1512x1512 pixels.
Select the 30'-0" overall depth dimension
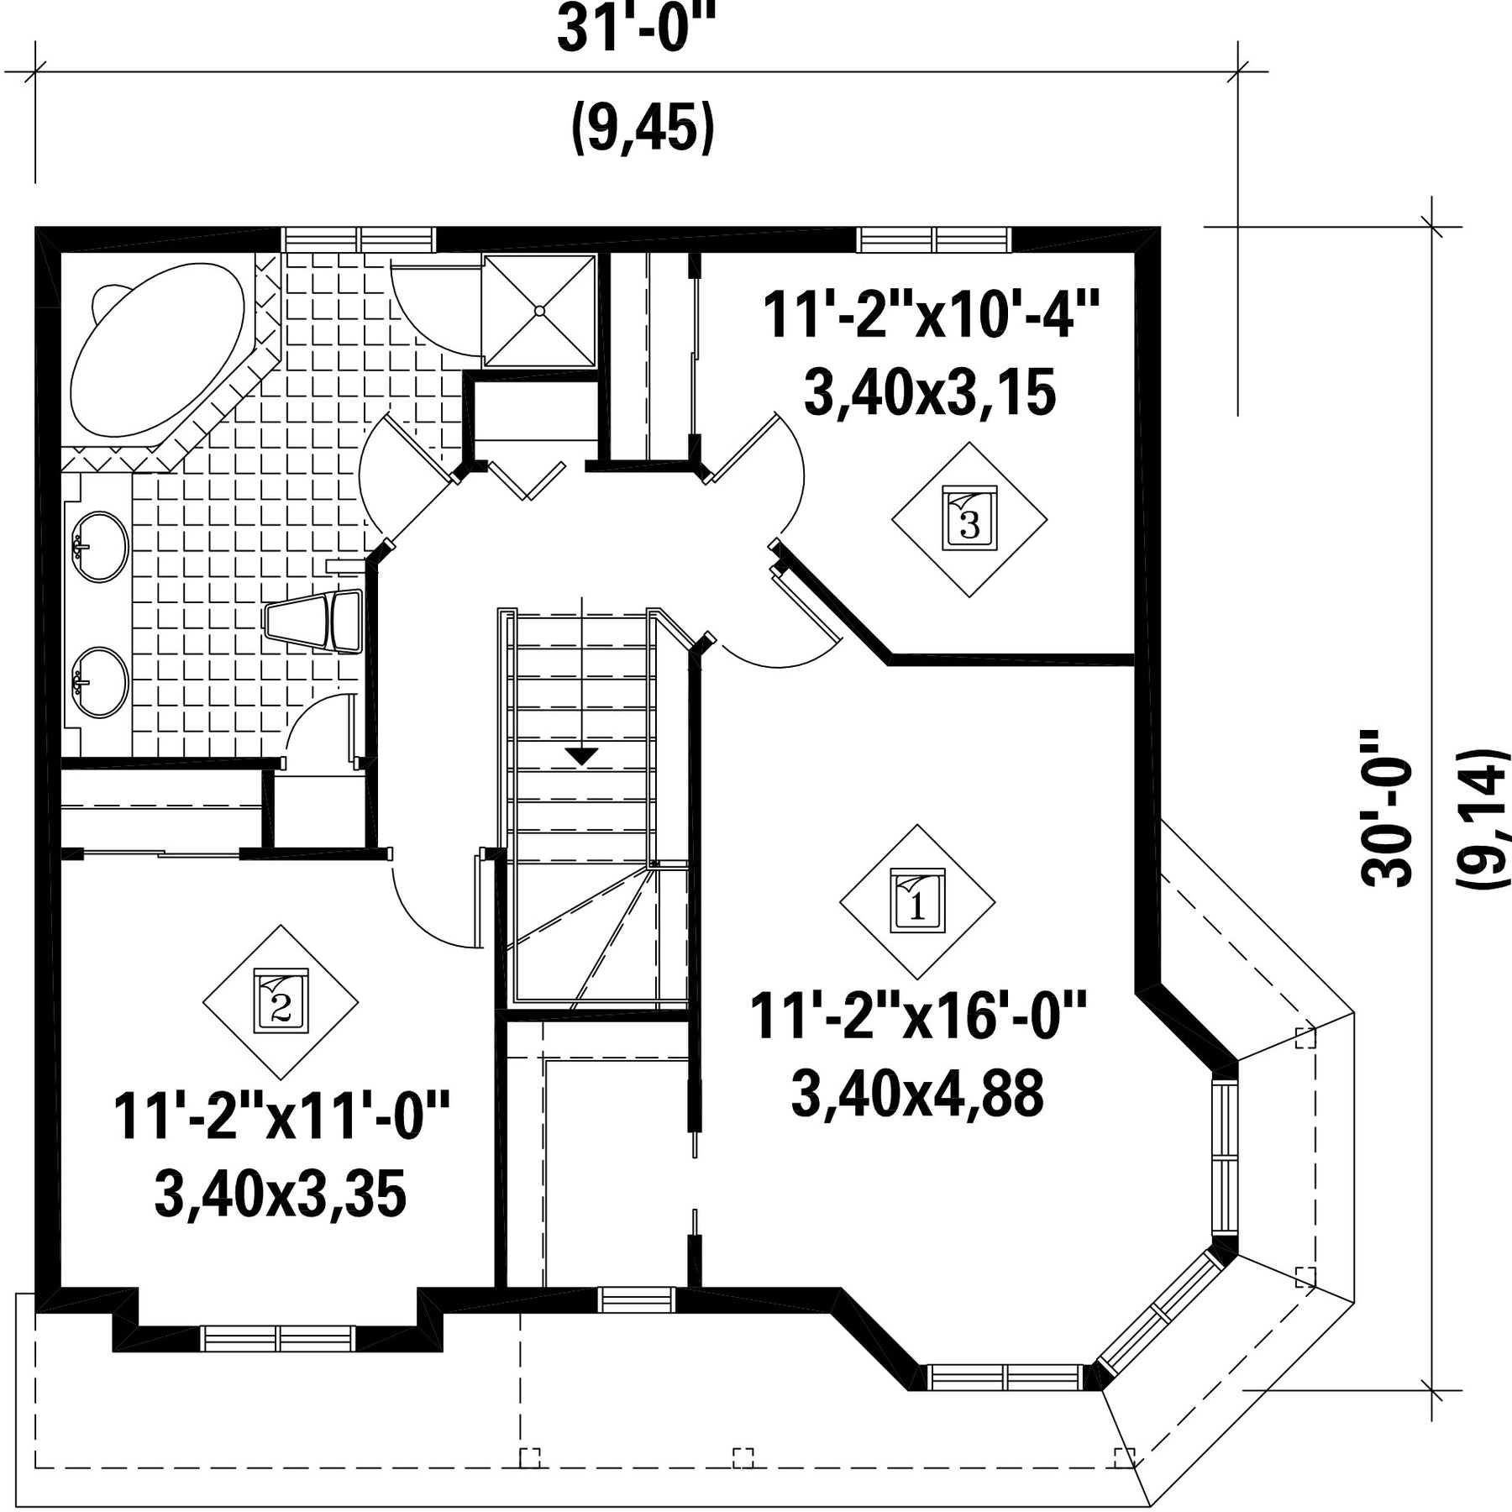1386,807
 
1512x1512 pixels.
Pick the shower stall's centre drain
540,310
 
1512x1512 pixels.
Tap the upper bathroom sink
101,546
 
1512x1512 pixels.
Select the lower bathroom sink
101,682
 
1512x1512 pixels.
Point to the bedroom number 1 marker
917,901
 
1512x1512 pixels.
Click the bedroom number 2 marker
281,1001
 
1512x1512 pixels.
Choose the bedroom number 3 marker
969,520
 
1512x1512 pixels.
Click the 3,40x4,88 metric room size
917,1093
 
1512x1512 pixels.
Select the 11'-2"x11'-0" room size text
281,1116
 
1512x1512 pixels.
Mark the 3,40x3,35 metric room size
281,1194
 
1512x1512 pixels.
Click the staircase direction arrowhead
581,756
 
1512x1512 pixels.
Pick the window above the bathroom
359,239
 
